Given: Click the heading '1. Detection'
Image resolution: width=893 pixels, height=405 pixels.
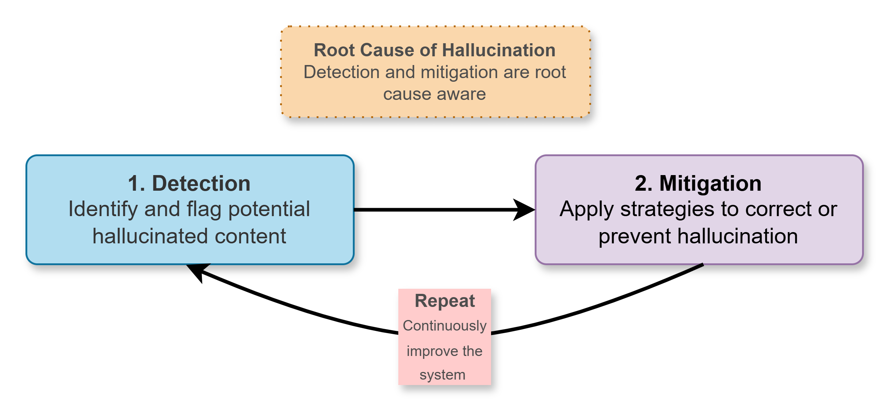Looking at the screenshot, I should click(x=189, y=183).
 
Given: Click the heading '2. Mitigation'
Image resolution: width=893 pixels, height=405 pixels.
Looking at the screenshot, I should click(x=698, y=183).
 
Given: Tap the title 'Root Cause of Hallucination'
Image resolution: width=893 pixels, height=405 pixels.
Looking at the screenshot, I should click(x=435, y=50).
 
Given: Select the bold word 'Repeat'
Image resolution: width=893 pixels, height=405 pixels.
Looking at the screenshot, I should click(x=444, y=301).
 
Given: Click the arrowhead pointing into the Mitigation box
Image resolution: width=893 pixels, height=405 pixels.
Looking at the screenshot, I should click(x=524, y=210).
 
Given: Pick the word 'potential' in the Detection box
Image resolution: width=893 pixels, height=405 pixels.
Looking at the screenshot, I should click(x=269, y=210).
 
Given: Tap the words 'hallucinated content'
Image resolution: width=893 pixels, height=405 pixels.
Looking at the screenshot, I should click(x=189, y=236).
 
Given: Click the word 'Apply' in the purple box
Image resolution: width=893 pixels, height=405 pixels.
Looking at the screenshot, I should click(x=586, y=210).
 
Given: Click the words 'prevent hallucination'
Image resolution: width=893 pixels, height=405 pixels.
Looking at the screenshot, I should click(x=698, y=236).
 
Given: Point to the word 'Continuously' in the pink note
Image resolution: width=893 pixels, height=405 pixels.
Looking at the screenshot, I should click(x=444, y=325).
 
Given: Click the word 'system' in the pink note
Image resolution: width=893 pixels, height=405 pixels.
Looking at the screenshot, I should click(x=442, y=375).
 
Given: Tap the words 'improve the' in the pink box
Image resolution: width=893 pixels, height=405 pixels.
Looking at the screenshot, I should click(x=444, y=351).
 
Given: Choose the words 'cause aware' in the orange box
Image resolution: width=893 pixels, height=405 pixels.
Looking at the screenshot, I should click(x=435, y=94).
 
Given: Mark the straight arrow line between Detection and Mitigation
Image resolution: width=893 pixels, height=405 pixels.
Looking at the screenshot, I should click(x=433, y=210).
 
